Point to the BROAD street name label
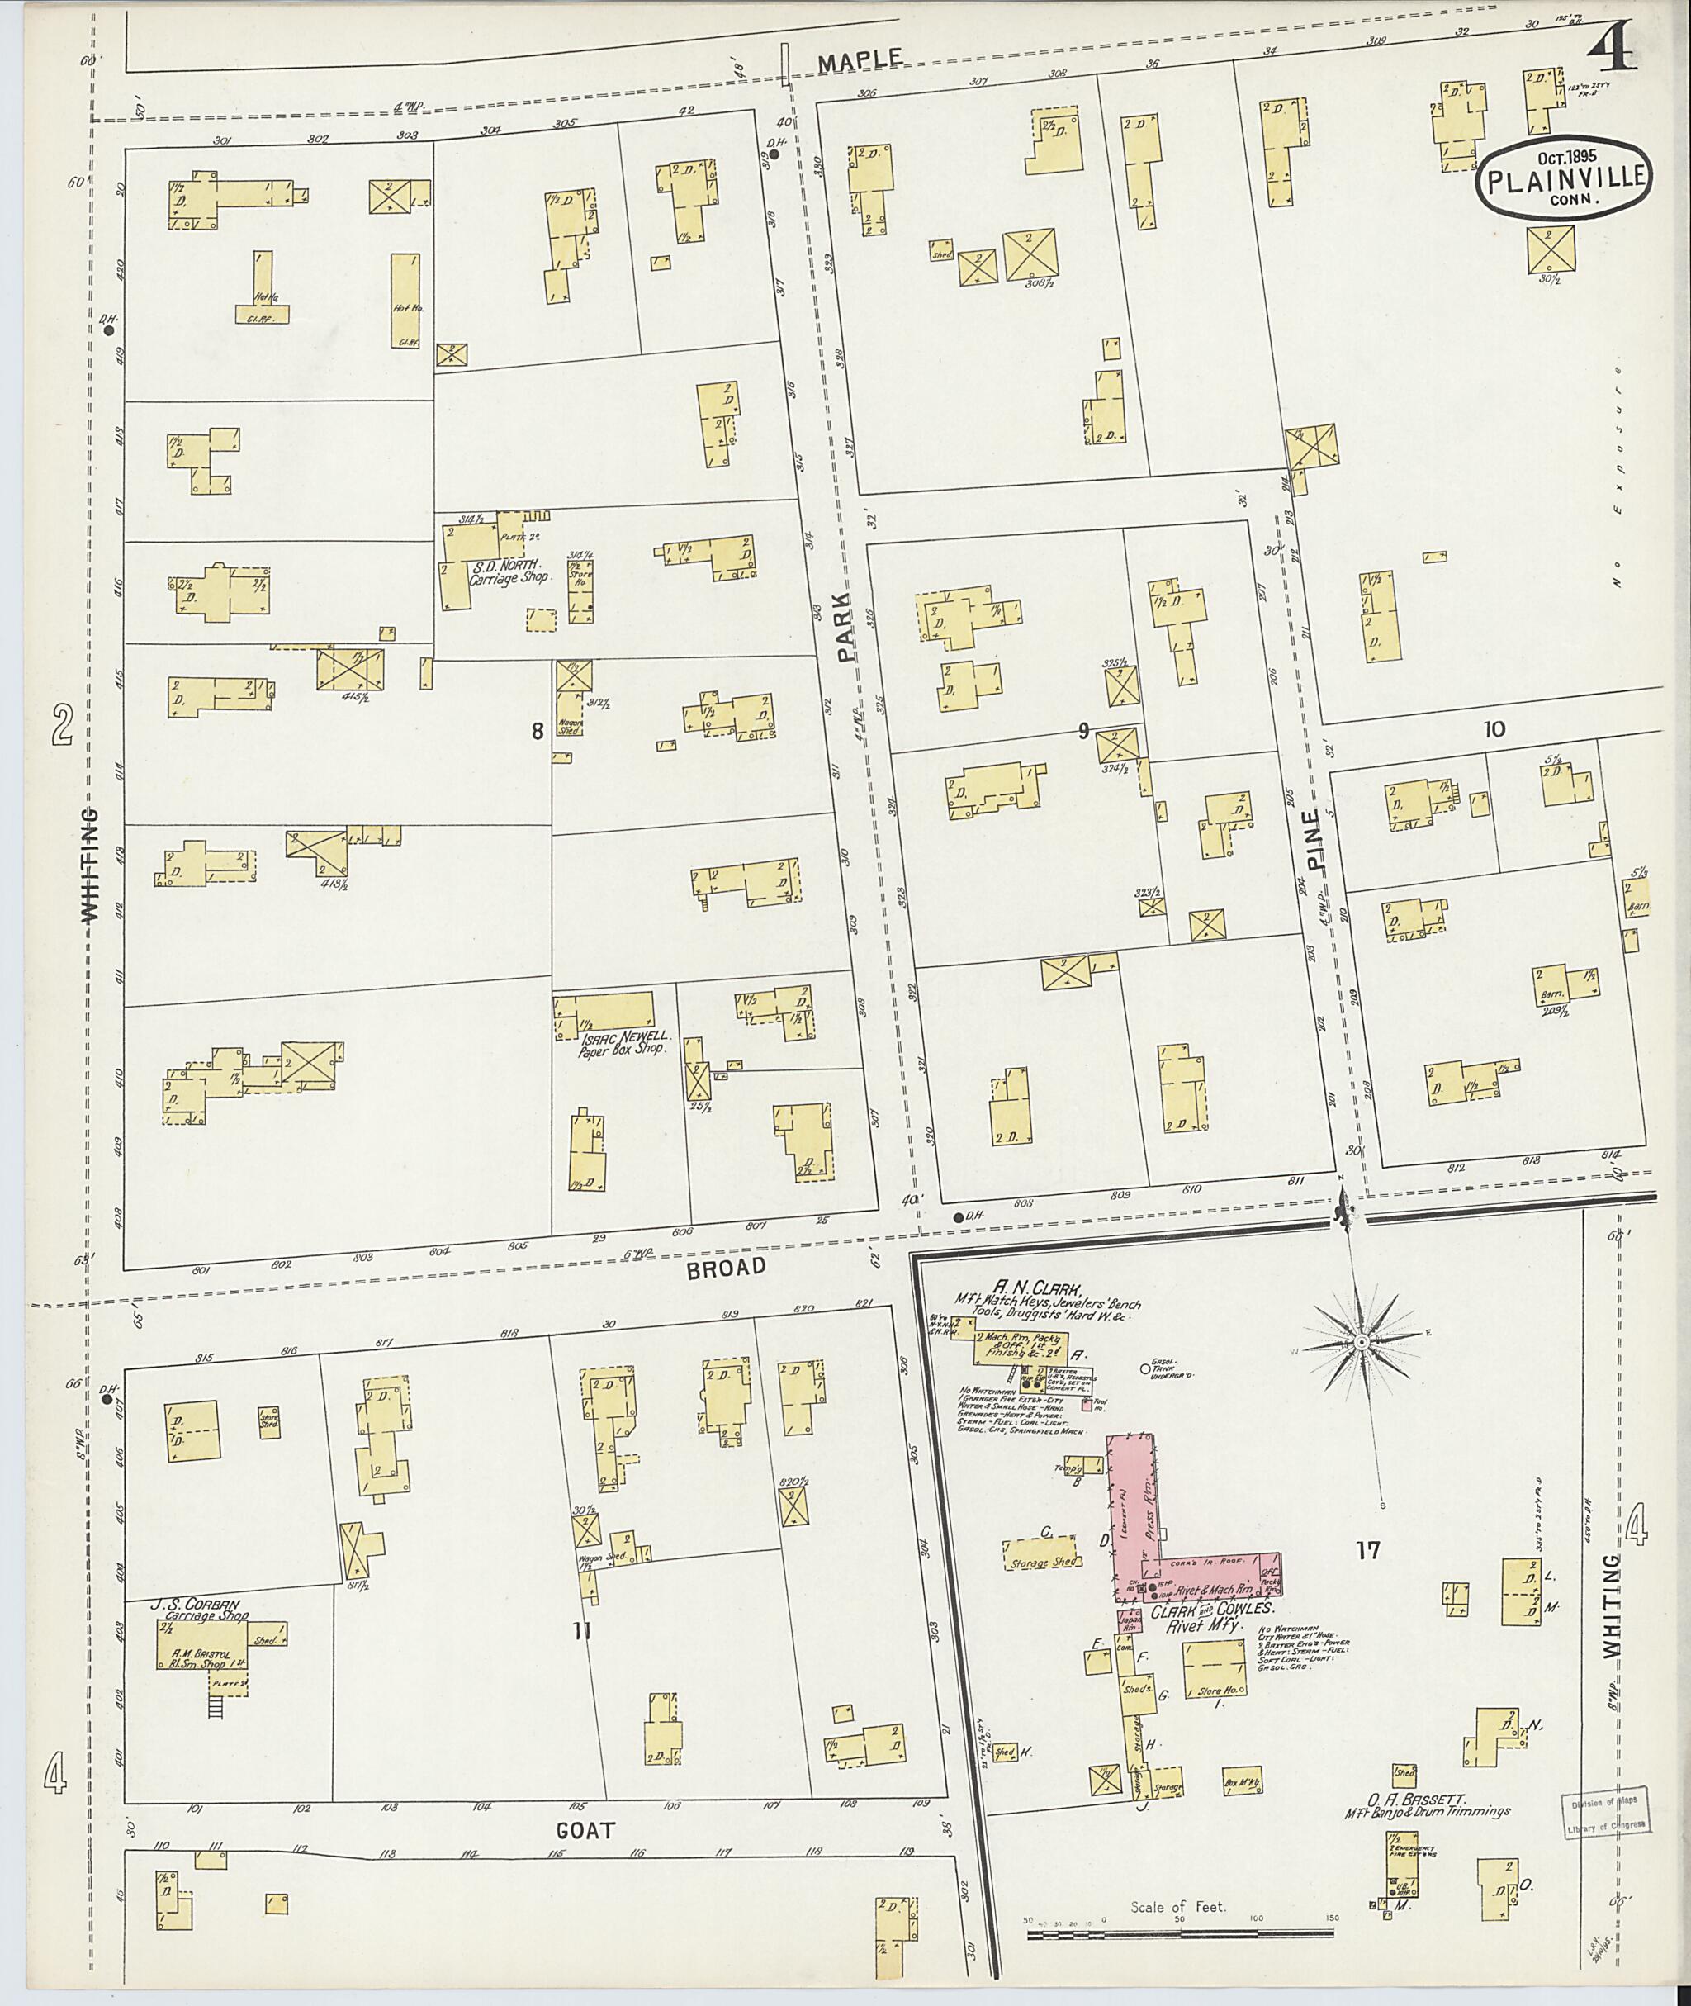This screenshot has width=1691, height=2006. [x=726, y=1267]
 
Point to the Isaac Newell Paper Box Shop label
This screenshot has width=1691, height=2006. [x=626, y=1042]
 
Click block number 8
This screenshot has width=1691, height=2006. [x=538, y=731]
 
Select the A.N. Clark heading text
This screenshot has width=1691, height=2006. [x=1028, y=1290]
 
